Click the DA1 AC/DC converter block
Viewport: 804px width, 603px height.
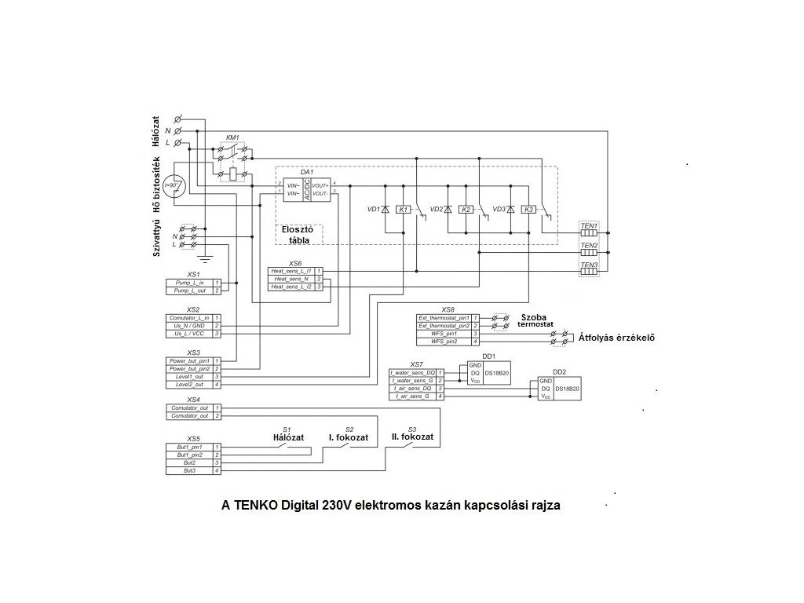(305, 188)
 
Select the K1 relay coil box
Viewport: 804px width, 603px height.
(403, 210)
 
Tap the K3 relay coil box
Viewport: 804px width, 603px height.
(528, 210)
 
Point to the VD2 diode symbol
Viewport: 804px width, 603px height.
(448, 210)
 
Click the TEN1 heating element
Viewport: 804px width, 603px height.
(589, 234)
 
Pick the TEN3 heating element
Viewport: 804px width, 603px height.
(589, 272)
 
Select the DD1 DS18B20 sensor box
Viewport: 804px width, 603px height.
(488, 372)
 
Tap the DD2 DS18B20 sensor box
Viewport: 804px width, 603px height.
(559, 389)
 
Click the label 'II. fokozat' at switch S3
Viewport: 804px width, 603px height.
(412, 437)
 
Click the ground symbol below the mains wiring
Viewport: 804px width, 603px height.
(204, 257)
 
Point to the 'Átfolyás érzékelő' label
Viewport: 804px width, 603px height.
(616, 338)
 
